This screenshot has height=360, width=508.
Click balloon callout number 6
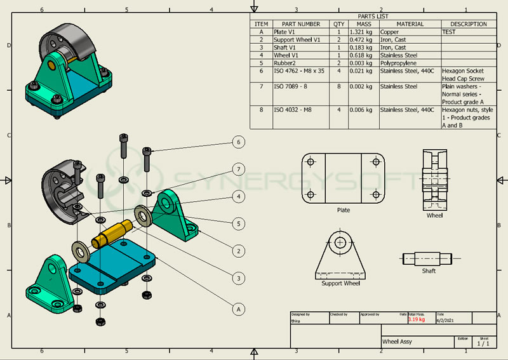239,142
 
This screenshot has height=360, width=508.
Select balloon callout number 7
239,170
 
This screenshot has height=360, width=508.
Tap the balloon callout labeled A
239,309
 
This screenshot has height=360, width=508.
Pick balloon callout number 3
239,278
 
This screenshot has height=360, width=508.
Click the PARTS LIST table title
373,17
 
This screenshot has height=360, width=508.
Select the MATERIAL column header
410,24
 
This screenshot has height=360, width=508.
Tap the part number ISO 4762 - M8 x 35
299,71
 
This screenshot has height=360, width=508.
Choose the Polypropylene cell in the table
398,63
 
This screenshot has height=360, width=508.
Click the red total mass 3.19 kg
417,319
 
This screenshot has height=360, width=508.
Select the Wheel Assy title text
397,342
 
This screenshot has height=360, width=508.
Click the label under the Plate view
344,210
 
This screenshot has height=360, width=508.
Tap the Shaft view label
429,271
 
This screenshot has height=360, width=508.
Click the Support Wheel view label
340,284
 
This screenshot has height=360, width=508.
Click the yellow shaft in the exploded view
112,233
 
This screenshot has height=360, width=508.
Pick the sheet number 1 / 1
484,343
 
